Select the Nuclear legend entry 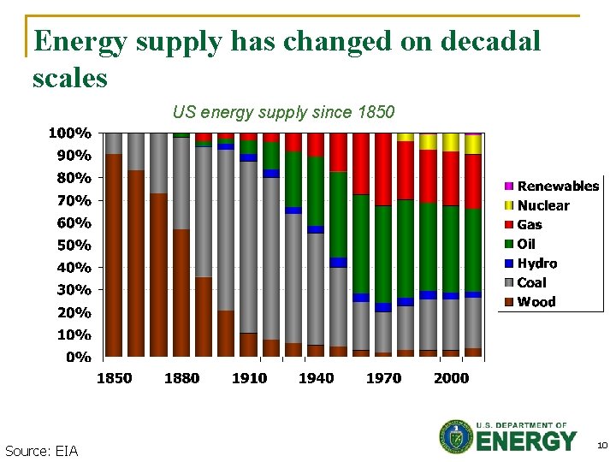click(543, 205)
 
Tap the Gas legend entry click(530, 225)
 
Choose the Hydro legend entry click(536, 264)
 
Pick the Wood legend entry click(536, 302)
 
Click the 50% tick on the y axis click(74, 246)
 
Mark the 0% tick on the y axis click(78, 357)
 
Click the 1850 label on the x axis click(113, 378)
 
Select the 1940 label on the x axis click(316, 378)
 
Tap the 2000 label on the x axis click(451, 378)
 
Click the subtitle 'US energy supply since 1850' click(283, 112)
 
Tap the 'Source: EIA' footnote click(41, 451)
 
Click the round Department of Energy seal click(456, 437)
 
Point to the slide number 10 click(602, 445)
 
